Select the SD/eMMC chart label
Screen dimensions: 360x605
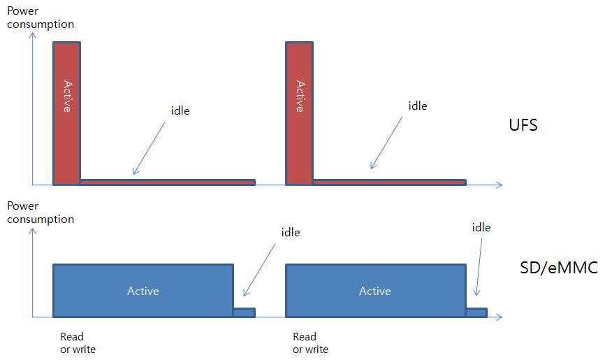[558, 267]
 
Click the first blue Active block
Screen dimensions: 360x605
[143, 291]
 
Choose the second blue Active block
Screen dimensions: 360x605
[375, 291]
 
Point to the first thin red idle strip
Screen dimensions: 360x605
[168, 182]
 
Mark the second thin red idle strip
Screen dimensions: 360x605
[389, 182]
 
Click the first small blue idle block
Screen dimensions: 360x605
[244, 312]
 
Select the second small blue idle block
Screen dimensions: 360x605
[476, 312]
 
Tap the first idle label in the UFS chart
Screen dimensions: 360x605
[180, 110]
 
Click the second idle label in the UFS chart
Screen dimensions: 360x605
[417, 106]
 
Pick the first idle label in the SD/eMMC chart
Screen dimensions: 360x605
[290, 232]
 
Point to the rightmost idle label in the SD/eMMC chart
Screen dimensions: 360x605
[481, 227]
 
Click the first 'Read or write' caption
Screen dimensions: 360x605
[78, 343]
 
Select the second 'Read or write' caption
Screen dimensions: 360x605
[310, 343]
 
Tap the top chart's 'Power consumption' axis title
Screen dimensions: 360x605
[40, 17]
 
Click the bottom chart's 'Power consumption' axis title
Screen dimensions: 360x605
[40, 213]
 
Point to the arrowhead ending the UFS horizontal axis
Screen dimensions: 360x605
[498, 185]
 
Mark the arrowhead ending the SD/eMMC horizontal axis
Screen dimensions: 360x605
[498, 317]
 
